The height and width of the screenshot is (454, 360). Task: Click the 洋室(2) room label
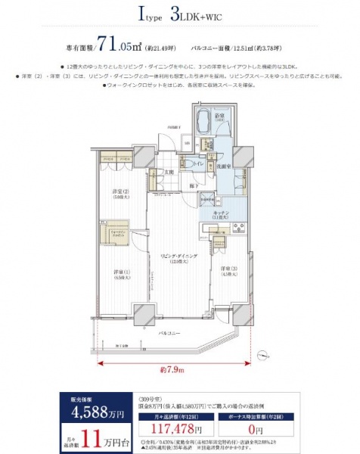pos(121,192)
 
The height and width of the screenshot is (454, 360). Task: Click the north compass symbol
pos(262,353)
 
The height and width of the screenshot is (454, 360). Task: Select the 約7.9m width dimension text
pos(173,370)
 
